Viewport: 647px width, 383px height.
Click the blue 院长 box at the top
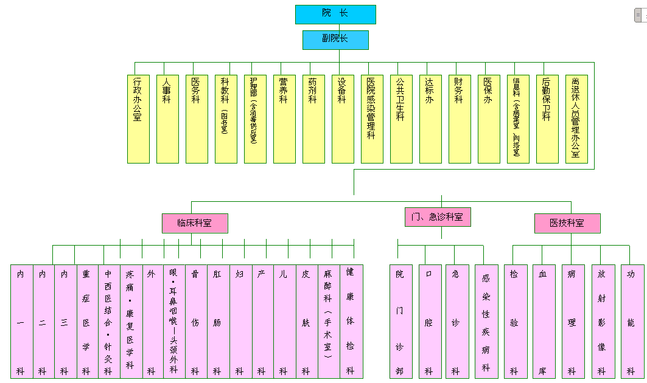pos(335,14)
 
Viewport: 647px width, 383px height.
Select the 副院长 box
pos(335,40)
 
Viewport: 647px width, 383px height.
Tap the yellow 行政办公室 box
pos(138,119)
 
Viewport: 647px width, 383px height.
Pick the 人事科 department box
pos(167,119)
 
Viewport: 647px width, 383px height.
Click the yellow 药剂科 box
pos(313,119)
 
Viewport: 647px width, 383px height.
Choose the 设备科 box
pos(343,119)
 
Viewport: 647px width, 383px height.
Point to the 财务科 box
pos(460,119)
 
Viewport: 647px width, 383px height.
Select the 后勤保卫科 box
pos(547,119)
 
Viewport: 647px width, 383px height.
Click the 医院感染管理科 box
pos(372,119)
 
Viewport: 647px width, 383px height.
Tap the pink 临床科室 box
pos(195,223)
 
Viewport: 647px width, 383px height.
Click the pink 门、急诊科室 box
pos(438,217)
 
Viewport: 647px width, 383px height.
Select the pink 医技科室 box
pos(567,223)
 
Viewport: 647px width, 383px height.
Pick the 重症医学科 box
pos(87,321)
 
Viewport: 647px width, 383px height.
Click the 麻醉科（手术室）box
pos(329,321)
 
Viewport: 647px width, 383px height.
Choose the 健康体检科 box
pos(351,321)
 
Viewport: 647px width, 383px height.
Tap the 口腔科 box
pos(429,321)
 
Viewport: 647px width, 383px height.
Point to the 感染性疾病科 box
pos(486,321)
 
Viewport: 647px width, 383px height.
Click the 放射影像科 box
pos(602,321)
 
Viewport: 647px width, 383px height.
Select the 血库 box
pos(544,321)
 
